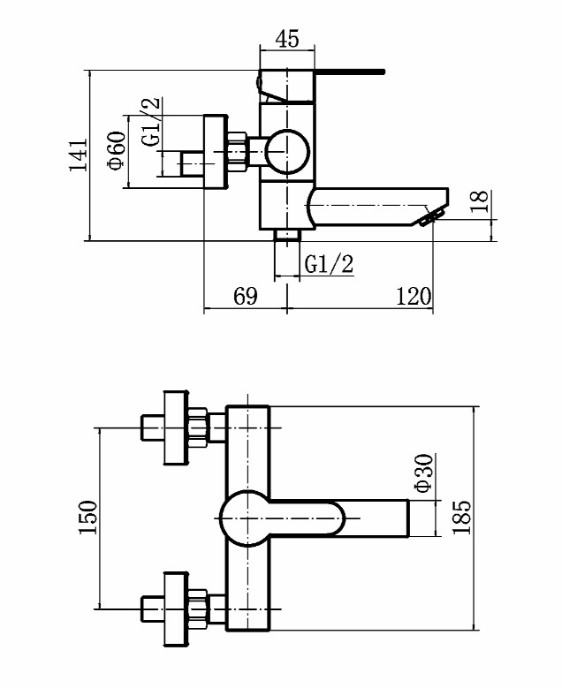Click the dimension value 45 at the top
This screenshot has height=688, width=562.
tap(287, 39)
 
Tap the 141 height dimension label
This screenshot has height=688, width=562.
tap(79, 155)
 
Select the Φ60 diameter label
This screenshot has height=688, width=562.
tap(117, 150)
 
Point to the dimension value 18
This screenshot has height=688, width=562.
tap(480, 201)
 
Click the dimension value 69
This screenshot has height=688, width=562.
tap(245, 296)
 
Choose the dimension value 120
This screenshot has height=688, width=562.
tap(414, 296)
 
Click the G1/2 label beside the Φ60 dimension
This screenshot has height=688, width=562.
tap(151, 122)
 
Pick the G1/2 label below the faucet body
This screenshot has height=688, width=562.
tap(329, 265)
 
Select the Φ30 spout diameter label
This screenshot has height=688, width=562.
tap(424, 473)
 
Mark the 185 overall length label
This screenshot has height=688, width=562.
tap(461, 518)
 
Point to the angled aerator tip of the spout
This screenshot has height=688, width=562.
tap(431, 217)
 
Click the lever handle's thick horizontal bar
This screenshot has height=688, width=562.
tap(350, 72)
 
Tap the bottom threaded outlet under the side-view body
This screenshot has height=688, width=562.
tap(286, 235)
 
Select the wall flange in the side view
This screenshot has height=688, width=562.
tap(216, 152)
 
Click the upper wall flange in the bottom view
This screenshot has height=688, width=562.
tap(177, 427)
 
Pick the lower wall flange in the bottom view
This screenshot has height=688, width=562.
tap(177, 609)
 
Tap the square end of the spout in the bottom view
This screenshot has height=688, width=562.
tap(407, 518)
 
